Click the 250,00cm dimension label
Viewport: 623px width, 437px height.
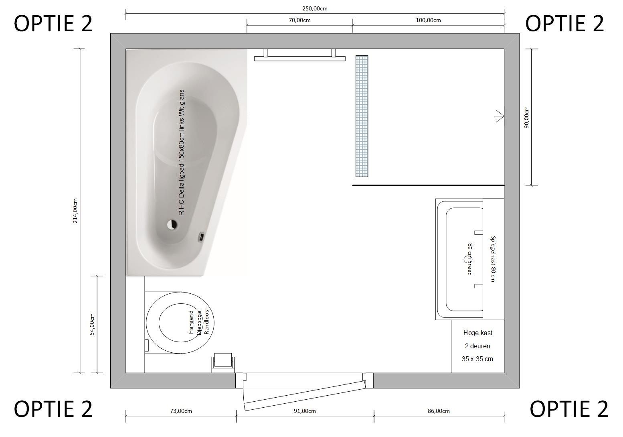(315, 9)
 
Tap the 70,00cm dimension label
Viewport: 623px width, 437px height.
(299, 20)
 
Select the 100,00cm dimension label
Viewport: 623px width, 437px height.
(428, 20)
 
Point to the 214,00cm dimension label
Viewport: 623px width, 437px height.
(75, 211)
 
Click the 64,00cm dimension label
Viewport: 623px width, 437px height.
(92, 324)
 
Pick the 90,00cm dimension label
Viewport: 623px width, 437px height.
(526, 117)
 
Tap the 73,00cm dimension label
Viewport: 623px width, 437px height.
(181, 411)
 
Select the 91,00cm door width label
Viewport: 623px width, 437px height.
(305, 411)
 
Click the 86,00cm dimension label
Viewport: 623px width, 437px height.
(439, 411)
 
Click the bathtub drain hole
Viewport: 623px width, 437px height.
(172, 224)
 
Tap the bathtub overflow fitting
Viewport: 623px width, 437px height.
(201, 237)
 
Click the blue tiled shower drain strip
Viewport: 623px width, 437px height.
(362, 116)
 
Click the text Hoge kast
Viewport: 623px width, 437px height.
(478, 333)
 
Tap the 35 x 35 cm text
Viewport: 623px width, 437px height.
(477, 359)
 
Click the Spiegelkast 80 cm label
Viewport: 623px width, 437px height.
(493, 259)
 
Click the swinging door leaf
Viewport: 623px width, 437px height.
(305, 396)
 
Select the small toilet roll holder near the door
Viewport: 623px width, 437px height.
(223, 362)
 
